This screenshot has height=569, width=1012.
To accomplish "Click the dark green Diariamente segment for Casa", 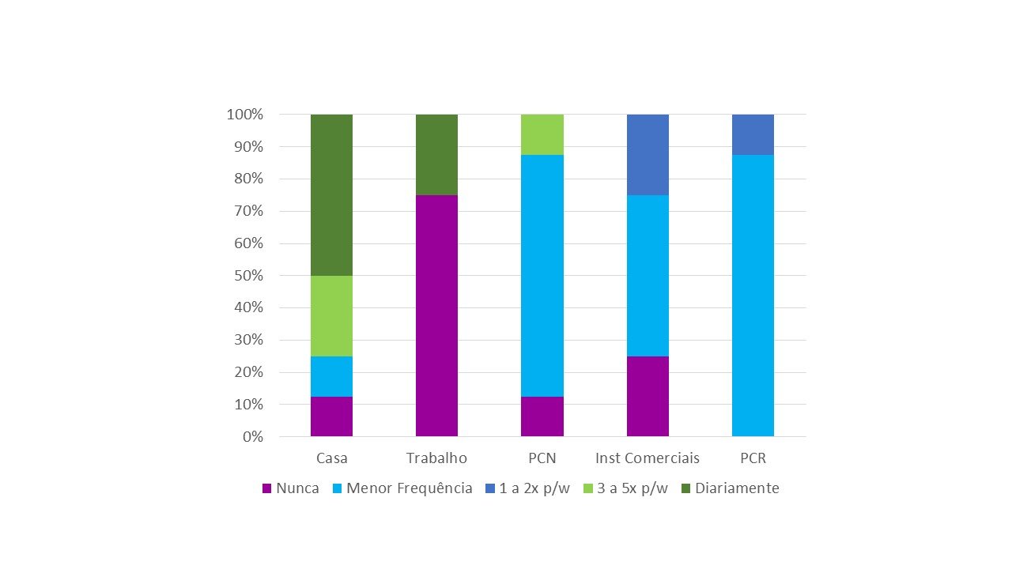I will (x=331, y=195).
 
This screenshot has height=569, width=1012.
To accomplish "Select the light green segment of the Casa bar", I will (x=331, y=316).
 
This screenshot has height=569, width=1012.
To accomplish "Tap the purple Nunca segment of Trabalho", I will (x=436, y=315).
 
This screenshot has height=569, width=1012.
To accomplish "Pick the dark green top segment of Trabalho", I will (x=436, y=155).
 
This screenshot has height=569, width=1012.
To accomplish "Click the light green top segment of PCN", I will (x=542, y=134).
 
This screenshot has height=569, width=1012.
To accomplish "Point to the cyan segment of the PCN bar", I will (x=542, y=276).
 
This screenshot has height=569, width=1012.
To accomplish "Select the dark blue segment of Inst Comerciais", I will (x=648, y=155).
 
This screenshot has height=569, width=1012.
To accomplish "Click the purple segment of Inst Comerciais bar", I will (x=648, y=396).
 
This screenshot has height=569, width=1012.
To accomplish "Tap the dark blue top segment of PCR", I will (x=753, y=134).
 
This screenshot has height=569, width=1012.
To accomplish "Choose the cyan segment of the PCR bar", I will (x=753, y=296).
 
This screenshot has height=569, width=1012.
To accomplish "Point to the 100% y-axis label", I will (x=244, y=115).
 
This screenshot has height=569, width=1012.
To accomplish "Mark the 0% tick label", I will (x=253, y=436).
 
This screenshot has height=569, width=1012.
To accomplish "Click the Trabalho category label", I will (x=436, y=458).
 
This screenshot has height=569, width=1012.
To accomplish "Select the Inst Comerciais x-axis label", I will (x=648, y=458).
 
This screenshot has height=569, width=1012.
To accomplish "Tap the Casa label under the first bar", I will (x=331, y=458).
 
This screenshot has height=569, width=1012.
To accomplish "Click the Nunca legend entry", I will (x=290, y=488).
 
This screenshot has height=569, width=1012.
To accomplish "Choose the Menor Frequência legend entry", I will (x=402, y=488).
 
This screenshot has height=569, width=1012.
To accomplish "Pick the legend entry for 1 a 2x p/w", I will (x=527, y=488).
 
